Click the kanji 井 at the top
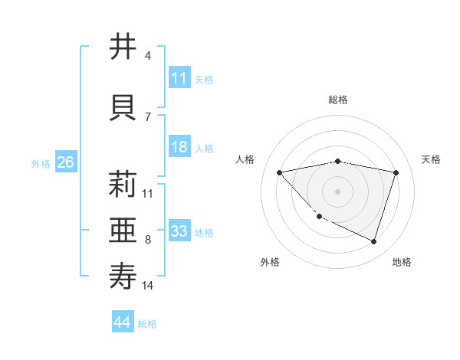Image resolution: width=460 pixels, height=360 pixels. click(123, 47)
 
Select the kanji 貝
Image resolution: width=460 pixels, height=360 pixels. click(123, 108)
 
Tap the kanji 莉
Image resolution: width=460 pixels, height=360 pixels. click(123, 185)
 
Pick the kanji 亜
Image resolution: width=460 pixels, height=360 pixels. click(123, 231)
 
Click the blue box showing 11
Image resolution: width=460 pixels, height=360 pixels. click(179, 78)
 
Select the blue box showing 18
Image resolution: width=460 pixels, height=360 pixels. click(179, 147)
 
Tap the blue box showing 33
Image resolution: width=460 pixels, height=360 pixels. click(179, 231)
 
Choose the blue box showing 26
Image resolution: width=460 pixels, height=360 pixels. click(65, 162)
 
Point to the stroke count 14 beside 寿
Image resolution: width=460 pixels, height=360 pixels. click(148, 286)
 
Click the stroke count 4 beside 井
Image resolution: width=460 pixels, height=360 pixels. click(148, 55)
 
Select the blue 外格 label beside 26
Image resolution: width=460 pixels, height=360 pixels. click(41, 163)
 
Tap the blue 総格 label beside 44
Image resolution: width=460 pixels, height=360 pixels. click(147, 324)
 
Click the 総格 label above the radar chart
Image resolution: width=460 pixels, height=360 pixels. click(338, 100)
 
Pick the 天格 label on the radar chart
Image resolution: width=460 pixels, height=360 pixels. click(432, 159)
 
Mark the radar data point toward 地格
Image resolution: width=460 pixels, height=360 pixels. click(374, 242)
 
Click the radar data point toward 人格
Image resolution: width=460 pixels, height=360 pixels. click(279, 172)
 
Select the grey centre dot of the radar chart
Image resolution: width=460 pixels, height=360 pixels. click(338, 191)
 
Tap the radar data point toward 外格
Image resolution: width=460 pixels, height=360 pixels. click(320, 217)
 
